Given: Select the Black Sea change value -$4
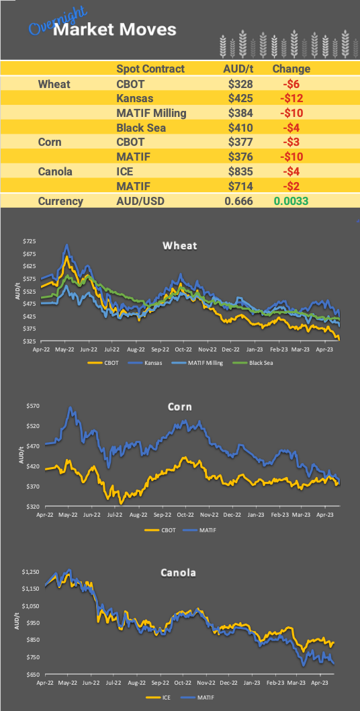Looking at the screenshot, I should pos(291,128).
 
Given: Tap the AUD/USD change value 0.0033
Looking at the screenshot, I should pos(291,201).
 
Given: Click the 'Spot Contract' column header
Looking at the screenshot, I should pos(150,69).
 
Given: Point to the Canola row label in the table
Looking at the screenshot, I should pos(56,171).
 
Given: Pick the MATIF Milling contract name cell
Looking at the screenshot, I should pos(151,113).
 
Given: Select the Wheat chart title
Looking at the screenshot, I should pos(180,245).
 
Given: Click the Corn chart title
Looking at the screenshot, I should pos(180,407).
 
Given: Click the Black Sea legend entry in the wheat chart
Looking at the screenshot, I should pos(252,363).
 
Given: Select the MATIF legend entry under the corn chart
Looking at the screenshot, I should pos(207,530).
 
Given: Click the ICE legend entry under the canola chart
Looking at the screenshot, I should pos(164,697).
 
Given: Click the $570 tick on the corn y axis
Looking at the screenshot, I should pos(31,406).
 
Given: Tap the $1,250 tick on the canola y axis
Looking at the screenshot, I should pos(30,572).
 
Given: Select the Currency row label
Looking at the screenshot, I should pos(60,201).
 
